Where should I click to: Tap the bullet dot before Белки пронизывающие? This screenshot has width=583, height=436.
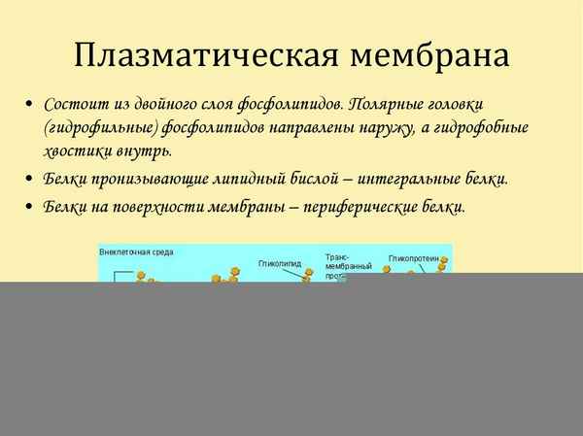(31, 180)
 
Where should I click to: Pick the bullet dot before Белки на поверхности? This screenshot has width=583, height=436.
(31, 208)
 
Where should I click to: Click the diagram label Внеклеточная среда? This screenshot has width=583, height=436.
(137, 252)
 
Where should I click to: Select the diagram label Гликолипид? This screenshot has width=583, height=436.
(279, 262)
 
